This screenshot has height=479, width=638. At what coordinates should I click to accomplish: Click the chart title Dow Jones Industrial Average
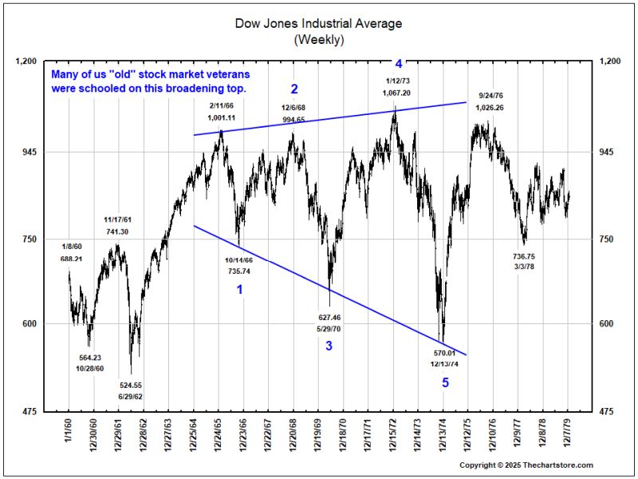point(318,23)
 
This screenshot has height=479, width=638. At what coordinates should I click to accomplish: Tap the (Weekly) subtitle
point(318,38)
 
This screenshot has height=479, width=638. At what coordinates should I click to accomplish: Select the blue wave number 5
point(446,383)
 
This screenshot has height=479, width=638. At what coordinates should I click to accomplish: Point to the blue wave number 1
point(239,290)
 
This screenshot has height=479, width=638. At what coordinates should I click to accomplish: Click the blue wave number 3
point(329,346)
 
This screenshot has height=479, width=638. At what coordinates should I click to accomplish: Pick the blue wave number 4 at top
point(399,62)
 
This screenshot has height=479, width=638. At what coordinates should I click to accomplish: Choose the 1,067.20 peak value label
point(396,93)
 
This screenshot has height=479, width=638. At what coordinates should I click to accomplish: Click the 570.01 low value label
point(443,353)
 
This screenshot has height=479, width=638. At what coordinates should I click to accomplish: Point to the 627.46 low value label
point(329,317)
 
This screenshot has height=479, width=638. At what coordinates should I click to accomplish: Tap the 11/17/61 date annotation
point(117,219)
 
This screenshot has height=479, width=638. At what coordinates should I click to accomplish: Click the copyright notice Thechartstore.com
point(526,465)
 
